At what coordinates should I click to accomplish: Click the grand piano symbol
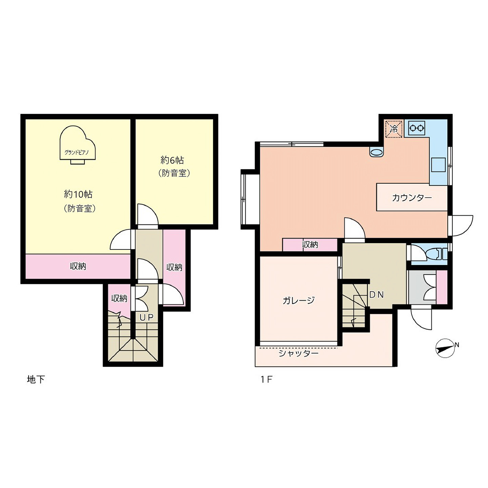78,145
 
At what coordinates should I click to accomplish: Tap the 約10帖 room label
78,194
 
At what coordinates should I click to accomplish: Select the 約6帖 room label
172,160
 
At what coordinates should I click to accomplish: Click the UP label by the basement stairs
146,317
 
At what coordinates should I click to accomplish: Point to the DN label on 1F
377,294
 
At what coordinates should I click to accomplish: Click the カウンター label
412,198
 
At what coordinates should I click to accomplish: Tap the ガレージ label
299,300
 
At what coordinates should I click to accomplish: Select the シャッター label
298,353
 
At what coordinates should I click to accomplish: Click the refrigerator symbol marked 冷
393,129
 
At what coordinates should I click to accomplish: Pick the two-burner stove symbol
416,128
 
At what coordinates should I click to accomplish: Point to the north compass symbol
446,348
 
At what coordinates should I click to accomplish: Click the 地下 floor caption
36,379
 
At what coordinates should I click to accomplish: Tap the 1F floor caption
266,379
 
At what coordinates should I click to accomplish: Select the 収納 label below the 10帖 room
78,266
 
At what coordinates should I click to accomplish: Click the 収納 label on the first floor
310,245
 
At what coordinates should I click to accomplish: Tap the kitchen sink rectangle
439,165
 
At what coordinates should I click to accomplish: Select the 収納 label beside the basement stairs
119,299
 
